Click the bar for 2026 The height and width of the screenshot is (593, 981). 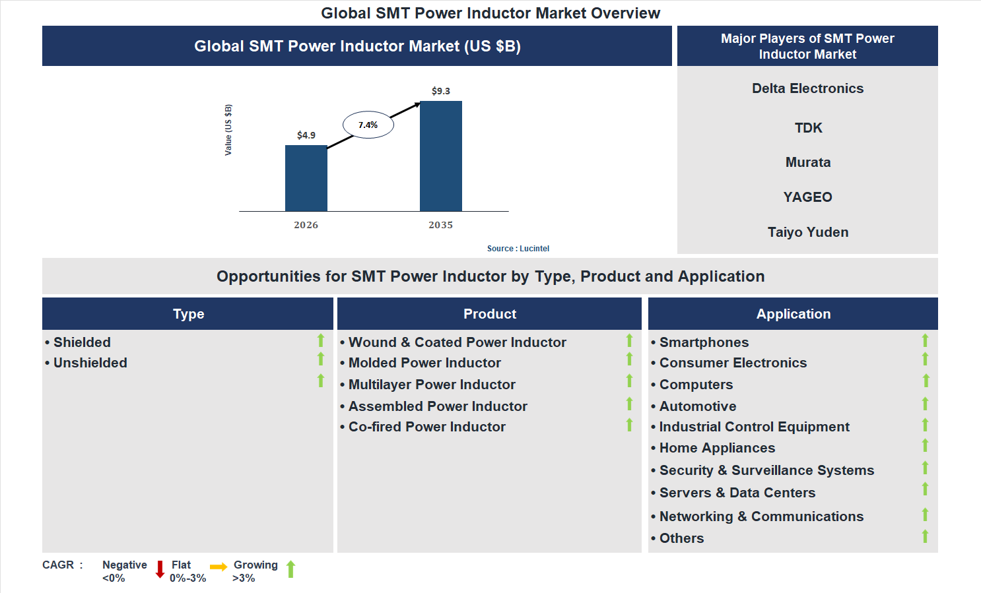(306, 178)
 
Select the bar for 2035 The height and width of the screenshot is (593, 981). (440, 156)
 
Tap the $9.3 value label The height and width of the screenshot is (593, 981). (440, 91)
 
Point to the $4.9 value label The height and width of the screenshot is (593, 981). (306, 135)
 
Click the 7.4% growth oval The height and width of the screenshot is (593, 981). (368, 125)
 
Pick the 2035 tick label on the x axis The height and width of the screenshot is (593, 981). (440, 225)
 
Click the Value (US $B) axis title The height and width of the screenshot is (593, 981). (228, 130)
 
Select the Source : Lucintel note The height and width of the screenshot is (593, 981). (518, 249)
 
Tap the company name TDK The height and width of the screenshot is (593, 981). (808, 128)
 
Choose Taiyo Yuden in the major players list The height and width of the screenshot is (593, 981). (808, 232)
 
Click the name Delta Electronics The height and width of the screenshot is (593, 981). (807, 88)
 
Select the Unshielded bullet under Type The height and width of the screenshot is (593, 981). (90, 363)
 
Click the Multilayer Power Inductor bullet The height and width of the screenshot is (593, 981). (432, 385)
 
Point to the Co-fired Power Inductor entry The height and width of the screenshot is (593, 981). (426, 427)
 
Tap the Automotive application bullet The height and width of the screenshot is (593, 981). (698, 406)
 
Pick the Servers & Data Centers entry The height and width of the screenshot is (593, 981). (737, 493)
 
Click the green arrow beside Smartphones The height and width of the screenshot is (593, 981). (925, 340)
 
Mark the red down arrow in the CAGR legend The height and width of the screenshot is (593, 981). (160, 569)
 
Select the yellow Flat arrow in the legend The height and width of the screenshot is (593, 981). (219, 567)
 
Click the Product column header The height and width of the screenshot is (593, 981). (489, 314)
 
